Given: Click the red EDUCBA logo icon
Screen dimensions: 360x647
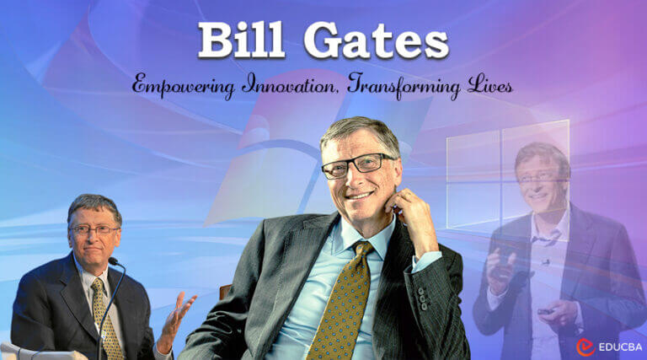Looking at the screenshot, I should coord(585,346).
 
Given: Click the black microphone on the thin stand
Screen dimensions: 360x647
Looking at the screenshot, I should coord(111,261).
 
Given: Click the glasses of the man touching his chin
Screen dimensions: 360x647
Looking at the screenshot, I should coord(357,164).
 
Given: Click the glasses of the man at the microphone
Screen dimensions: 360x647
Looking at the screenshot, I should coord(94,229).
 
